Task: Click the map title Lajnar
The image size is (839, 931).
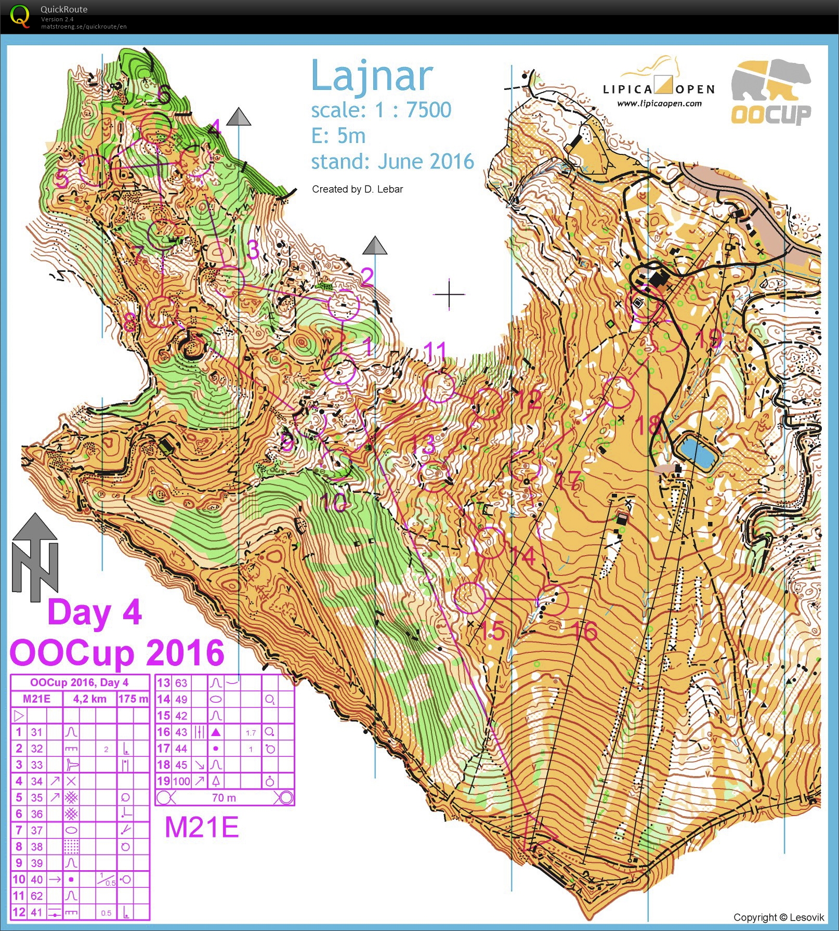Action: pos(372,76)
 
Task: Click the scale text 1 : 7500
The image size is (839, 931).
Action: pos(413,110)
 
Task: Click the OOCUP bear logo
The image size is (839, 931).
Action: pos(771,93)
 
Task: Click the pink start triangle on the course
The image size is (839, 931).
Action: pos(538,833)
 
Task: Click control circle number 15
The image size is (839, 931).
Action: pos(469,597)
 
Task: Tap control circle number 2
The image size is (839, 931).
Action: pos(344,305)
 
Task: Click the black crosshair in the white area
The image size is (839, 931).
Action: pos(449,295)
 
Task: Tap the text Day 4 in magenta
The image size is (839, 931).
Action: pos(94,612)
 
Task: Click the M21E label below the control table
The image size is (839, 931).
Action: pos(202,827)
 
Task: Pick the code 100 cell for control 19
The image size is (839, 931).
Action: pos(181,781)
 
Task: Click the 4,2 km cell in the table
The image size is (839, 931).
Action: pos(89,699)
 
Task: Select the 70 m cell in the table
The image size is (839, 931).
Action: pos(224,797)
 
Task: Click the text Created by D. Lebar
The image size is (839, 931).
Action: pos(357,189)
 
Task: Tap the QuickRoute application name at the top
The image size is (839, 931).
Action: pos(64,9)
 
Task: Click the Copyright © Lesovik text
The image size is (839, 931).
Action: pos(778,917)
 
